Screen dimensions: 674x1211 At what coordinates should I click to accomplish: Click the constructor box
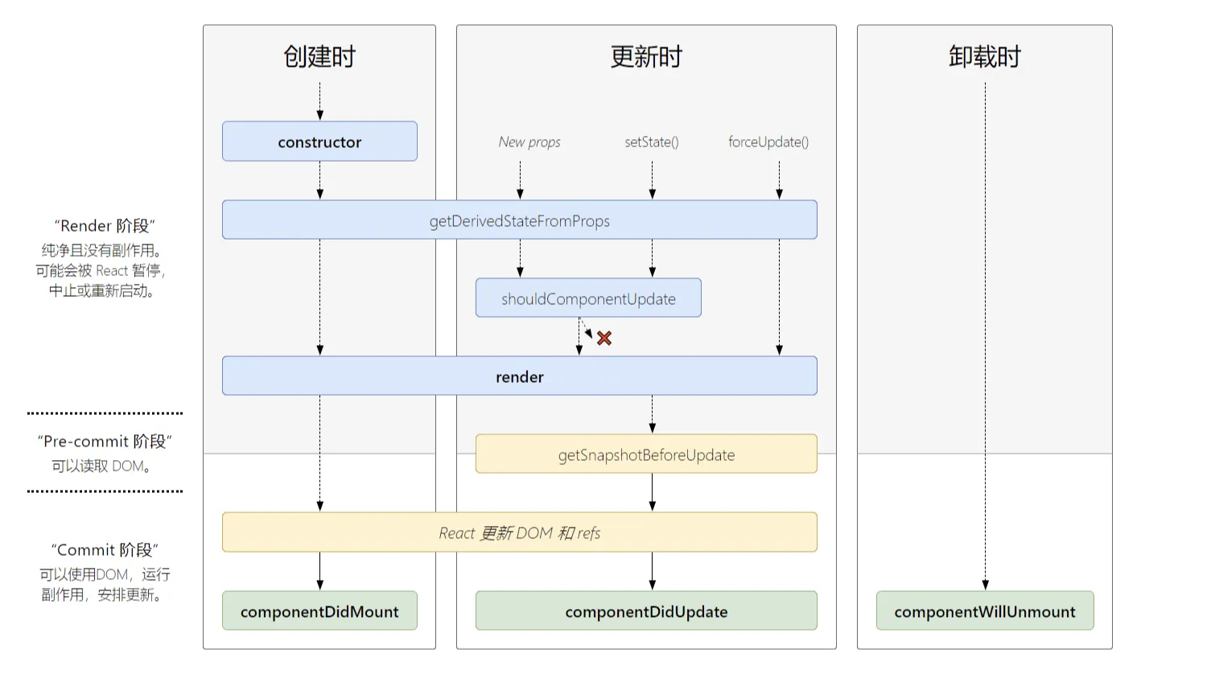click(319, 142)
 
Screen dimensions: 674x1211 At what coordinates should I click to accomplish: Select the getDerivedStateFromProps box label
click(519, 221)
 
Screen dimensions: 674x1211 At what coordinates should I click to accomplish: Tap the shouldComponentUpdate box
click(588, 298)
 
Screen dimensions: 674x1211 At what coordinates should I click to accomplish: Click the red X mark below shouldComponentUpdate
click(604, 339)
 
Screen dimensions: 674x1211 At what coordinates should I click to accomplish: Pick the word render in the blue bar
click(519, 376)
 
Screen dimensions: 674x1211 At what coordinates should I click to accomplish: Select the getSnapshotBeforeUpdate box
click(646, 454)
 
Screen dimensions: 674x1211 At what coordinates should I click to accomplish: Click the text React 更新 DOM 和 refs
click(519, 532)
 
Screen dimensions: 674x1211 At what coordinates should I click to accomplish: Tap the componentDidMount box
click(319, 611)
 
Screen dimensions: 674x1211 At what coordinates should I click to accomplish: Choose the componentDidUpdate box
click(646, 611)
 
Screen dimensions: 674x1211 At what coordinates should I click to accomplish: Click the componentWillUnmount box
click(984, 611)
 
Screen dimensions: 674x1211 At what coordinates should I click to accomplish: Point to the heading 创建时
click(319, 57)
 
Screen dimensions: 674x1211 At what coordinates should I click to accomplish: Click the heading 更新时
click(646, 57)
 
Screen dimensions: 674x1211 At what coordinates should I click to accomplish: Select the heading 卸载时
click(984, 57)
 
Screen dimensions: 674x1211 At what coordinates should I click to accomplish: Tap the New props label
click(529, 142)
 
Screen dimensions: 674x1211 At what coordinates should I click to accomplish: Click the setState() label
click(652, 142)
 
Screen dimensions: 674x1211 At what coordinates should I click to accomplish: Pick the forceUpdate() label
click(768, 142)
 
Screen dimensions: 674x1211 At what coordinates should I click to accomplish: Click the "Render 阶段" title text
click(105, 226)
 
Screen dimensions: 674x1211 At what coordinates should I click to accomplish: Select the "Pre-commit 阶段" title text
click(105, 442)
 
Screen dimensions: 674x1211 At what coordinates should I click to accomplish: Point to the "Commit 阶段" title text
click(105, 550)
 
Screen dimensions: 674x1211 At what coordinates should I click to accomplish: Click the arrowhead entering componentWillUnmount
click(985, 585)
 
